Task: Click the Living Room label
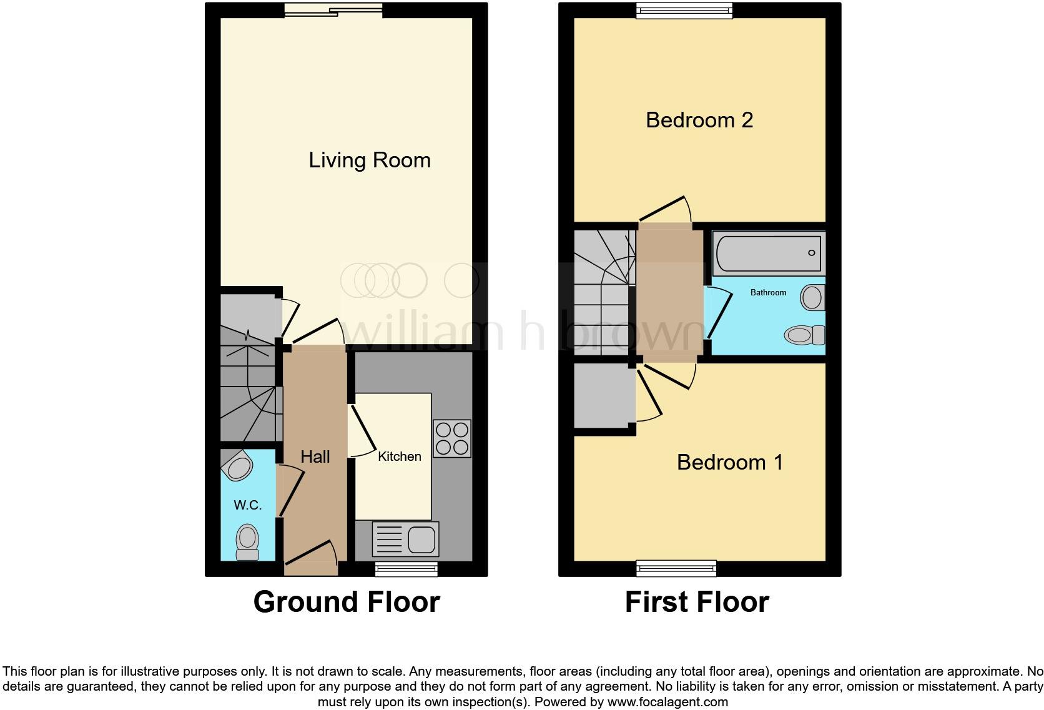370,160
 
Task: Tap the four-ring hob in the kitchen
452,438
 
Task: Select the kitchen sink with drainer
405,539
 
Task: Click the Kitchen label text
399,456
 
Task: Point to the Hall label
315,456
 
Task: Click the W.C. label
247,505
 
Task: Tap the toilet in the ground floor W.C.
247,543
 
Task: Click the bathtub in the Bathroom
768,253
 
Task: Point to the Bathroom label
768,292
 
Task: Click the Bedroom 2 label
699,120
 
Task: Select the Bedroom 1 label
729,462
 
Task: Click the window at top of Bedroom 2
684,9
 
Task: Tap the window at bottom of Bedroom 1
676,568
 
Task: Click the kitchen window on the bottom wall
406,568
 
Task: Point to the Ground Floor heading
347,602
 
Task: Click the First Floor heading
697,602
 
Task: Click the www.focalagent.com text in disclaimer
667,702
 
